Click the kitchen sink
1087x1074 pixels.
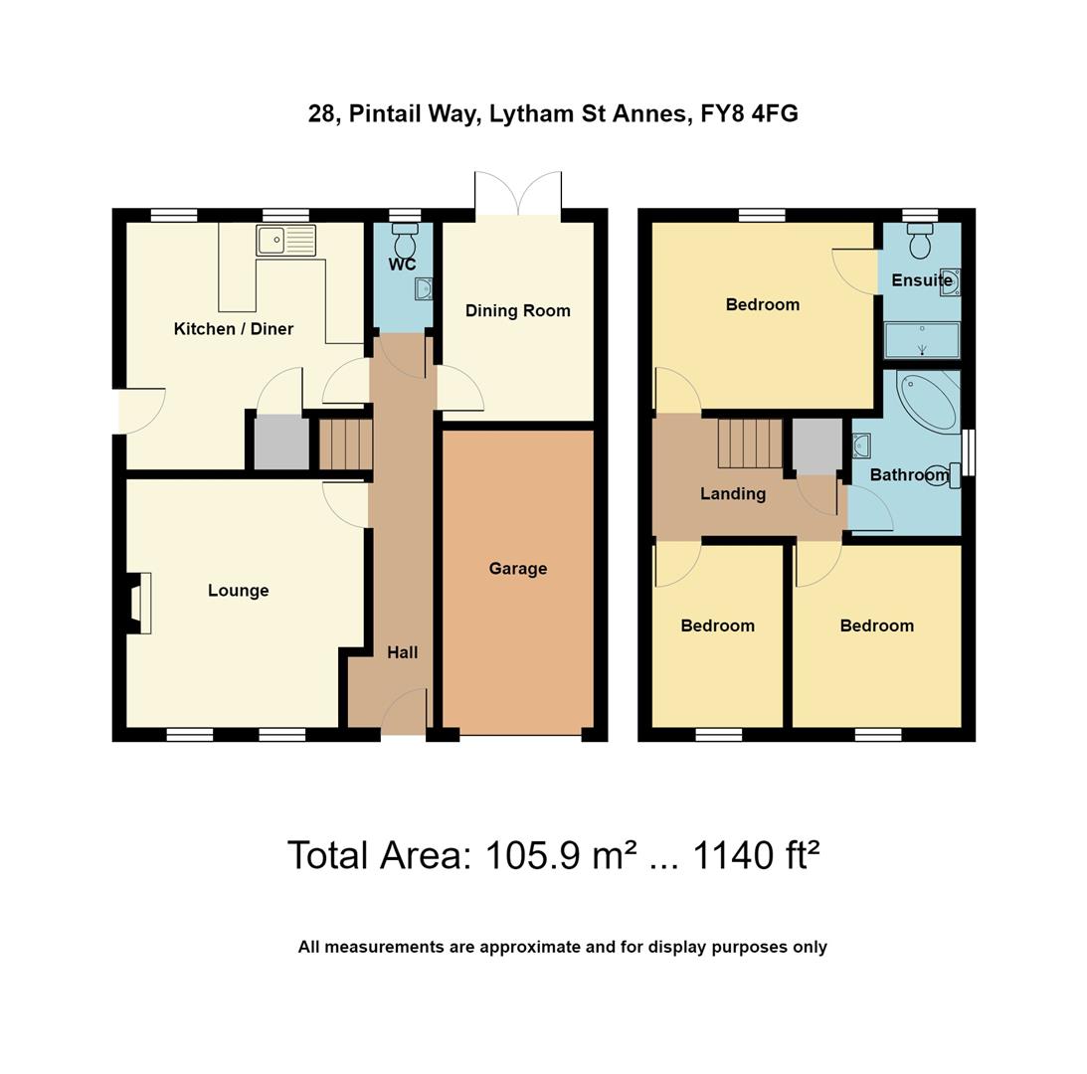click(x=285, y=241)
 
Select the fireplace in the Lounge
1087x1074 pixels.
click(x=139, y=603)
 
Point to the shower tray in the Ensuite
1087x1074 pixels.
click(x=922, y=340)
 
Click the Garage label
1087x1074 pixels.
click(x=517, y=569)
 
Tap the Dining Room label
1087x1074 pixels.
click(x=517, y=310)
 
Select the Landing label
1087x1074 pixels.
click(x=732, y=493)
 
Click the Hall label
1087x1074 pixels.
click(x=402, y=652)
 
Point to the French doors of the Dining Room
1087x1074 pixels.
click(x=518, y=194)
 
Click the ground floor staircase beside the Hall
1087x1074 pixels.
click(x=345, y=445)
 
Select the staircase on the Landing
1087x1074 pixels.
click(x=750, y=444)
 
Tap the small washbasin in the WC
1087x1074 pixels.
click(x=423, y=289)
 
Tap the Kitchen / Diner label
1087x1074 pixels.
click(x=233, y=329)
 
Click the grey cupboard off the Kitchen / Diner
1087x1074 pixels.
click(x=281, y=444)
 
